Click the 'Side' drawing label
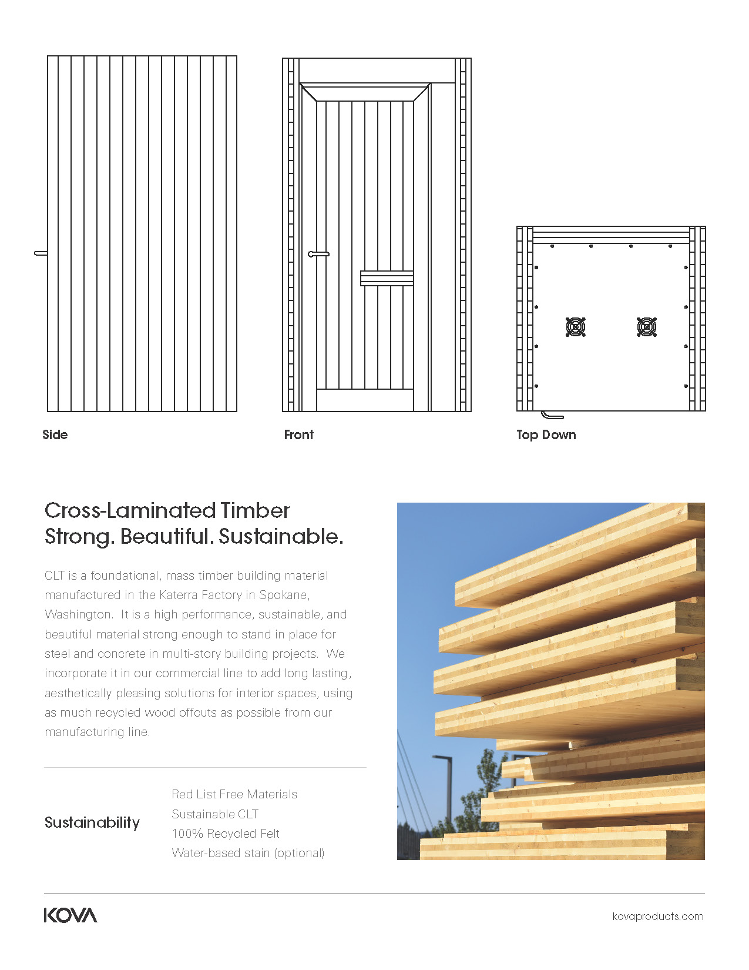pyautogui.click(x=55, y=435)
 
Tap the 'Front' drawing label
pyautogui.click(x=298, y=435)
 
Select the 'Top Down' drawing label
pyautogui.click(x=546, y=435)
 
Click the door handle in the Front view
pyautogui.click(x=318, y=254)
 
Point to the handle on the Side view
pyautogui.click(x=41, y=253)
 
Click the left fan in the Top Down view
pyautogui.click(x=576, y=327)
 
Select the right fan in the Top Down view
pyautogui.click(x=646, y=327)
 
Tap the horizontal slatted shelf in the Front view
pyautogui.click(x=387, y=278)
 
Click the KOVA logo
pyautogui.click(x=70, y=915)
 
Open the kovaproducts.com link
pyautogui.click(x=657, y=916)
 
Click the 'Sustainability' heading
pyautogui.click(x=92, y=822)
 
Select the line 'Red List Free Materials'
pyautogui.click(x=234, y=794)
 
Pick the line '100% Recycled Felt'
pyautogui.click(x=226, y=834)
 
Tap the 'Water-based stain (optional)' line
pyautogui.click(x=248, y=853)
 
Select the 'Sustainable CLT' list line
pyautogui.click(x=215, y=814)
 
